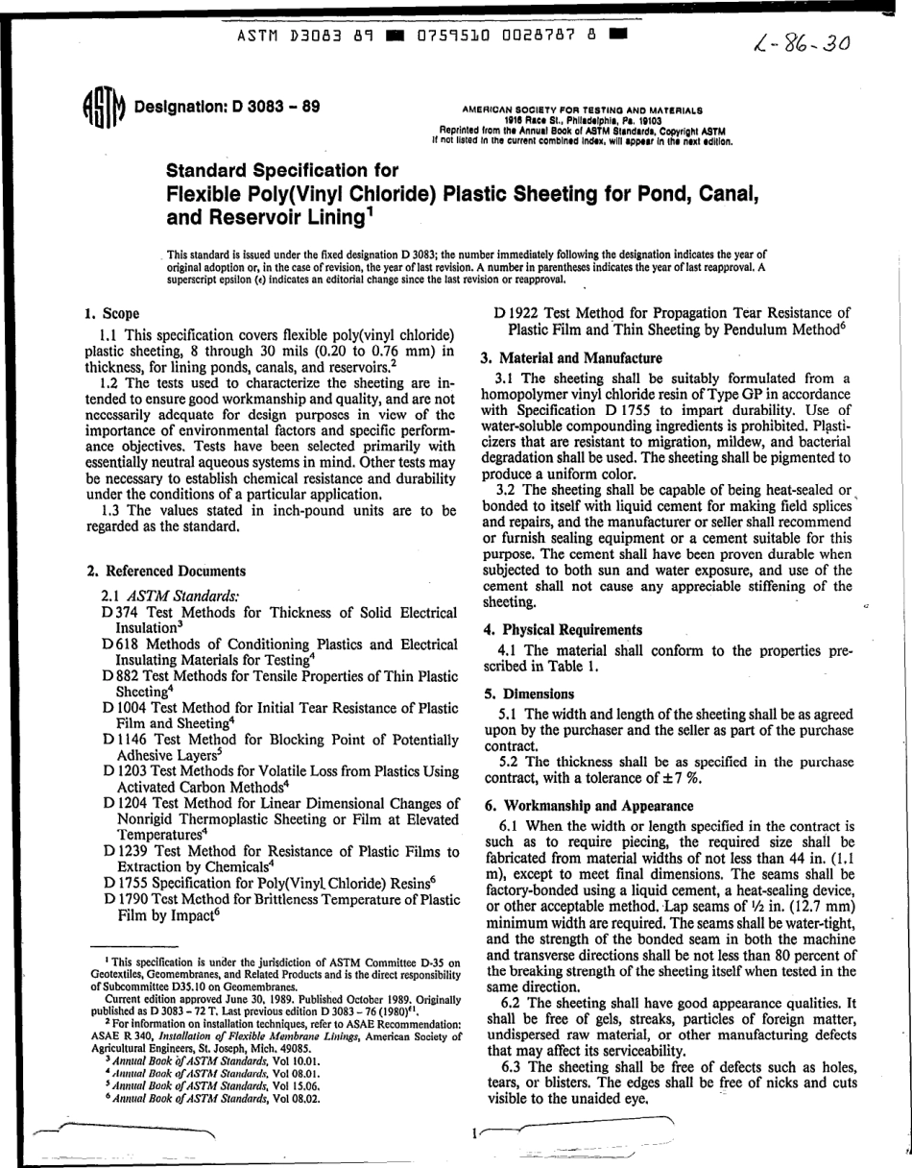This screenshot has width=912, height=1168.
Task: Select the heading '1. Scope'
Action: click(x=112, y=313)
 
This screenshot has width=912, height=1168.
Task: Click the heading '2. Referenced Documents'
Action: click(x=153, y=571)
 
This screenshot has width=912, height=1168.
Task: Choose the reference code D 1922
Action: click(x=515, y=312)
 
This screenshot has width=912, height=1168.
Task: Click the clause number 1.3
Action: click(x=112, y=510)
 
